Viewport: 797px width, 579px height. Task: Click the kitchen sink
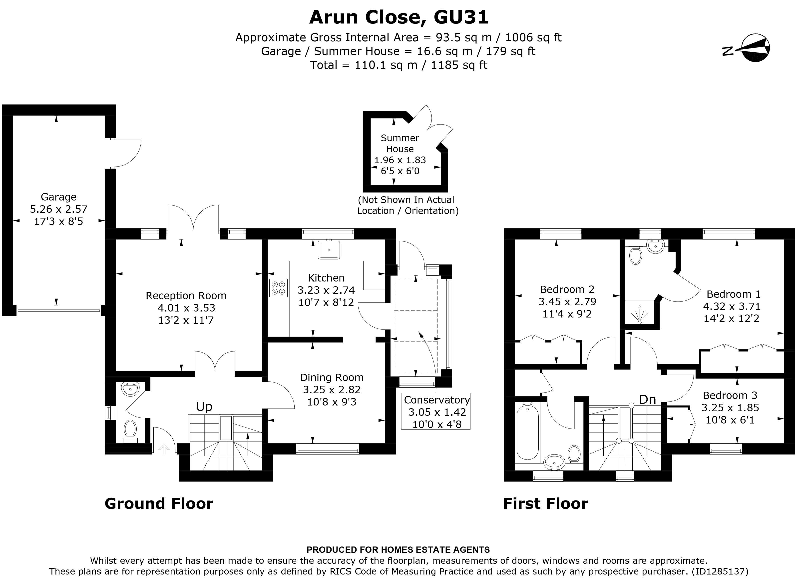(329, 250)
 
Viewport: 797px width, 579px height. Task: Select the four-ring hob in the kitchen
(278, 287)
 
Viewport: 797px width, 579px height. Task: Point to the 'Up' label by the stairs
(204, 406)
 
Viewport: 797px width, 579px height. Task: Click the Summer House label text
(400, 143)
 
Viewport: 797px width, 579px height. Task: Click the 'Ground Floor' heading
(159, 504)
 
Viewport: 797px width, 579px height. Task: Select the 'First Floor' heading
(545, 504)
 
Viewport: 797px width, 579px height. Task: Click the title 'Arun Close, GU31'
(398, 17)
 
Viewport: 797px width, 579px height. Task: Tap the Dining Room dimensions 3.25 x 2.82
(332, 389)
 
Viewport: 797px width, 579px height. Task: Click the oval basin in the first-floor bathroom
(554, 461)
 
